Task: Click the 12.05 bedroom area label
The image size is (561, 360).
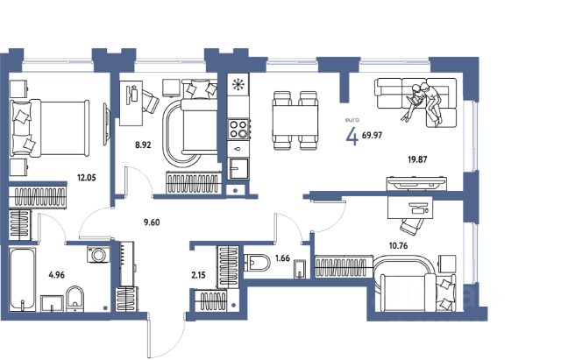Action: (x=87, y=177)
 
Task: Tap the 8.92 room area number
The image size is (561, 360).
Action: (x=143, y=145)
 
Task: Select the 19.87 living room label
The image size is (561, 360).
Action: (x=417, y=159)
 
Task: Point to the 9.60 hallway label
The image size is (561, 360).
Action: (x=152, y=222)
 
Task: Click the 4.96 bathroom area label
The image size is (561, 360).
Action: (x=56, y=275)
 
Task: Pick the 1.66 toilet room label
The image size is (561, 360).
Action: (x=282, y=258)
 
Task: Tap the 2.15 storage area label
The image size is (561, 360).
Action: (x=199, y=275)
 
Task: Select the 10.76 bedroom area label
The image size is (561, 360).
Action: (x=398, y=245)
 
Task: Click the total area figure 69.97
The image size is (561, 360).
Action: (x=372, y=135)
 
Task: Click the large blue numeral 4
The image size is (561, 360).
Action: (x=352, y=136)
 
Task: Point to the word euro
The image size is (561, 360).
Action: (x=352, y=120)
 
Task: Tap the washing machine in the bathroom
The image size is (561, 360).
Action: (x=98, y=255)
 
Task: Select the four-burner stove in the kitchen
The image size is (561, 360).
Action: (x=238, y=129)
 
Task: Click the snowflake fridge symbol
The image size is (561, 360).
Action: (x=238, y=85)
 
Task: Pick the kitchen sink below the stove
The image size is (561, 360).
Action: (x=238, y=168)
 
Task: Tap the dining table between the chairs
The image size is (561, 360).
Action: (x=295, y=120)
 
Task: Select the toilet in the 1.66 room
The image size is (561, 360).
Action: (x=257, y=263)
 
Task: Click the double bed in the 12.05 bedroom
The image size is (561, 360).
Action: (x=49, y=128)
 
